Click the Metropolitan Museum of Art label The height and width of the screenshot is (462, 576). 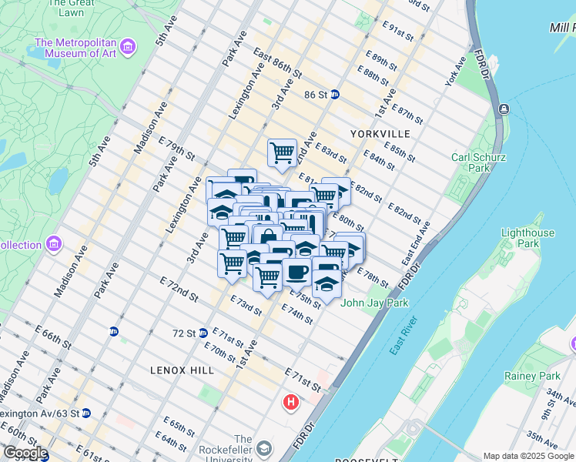[75, 48]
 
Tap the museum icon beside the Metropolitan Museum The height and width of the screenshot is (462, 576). [128, 48]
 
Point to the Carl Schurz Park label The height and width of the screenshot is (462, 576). [479, 162]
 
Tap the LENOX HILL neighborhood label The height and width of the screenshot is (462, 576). [183, 370]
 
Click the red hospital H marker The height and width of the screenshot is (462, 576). [291, 402]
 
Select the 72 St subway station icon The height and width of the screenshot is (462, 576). [203, 333]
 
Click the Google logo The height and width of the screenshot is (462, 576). [25, 453]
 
